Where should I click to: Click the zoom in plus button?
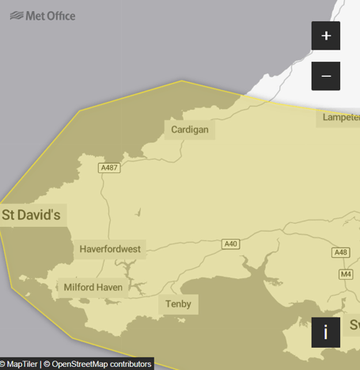[x=326, y=36]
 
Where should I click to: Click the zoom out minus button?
[x=326, y=76]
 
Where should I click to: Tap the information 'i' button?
[x=326, y=332]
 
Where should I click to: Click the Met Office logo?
[x=43, y=15]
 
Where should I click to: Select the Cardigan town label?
[x=190, y=130]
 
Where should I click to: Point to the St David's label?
[x=31, y=214]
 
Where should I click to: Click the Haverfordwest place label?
[x=110, y=249]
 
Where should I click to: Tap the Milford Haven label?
[x=93, y=287]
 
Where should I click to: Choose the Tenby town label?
[x=178, y=304]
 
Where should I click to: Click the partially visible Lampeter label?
[x=340, y=118]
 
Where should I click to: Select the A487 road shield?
[x=109, y=168]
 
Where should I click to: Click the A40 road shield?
[x=230, y=244]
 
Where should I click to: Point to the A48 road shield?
[x=341, y=252]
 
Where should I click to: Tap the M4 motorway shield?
[x=346, y=274]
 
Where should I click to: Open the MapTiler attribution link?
[x=21, y=364]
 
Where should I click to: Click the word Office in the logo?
[x=60, y=15]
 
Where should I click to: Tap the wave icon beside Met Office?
[x=16, y=15]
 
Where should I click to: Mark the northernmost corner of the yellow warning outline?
[x=181, y=81]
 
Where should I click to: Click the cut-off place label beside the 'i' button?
[x=354, y=325]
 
